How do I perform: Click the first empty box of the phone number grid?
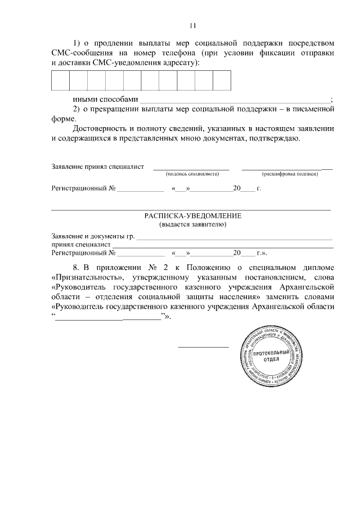click(x=60, y=80)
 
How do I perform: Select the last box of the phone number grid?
click(x=222, y=80)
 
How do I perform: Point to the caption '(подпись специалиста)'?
click(x=192, y=174)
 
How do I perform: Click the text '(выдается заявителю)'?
click(x=192, y=225)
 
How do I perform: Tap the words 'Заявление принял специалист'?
click(x=97, y=166)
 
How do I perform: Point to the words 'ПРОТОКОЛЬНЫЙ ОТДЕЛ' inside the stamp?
click(x=272, y=355)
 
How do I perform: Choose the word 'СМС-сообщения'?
click(x=80, y=52)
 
